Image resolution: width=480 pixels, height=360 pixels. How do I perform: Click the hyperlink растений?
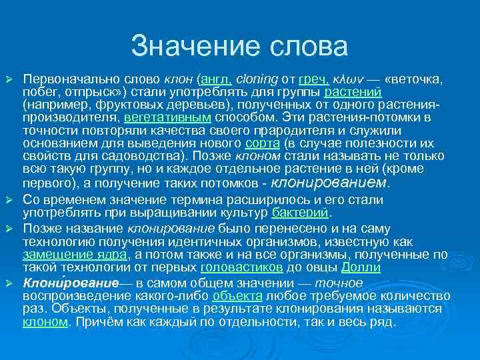[x=353, y=93]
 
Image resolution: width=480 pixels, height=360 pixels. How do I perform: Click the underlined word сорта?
[x=258, y=143]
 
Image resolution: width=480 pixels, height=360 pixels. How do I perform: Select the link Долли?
[x=361, y=267]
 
